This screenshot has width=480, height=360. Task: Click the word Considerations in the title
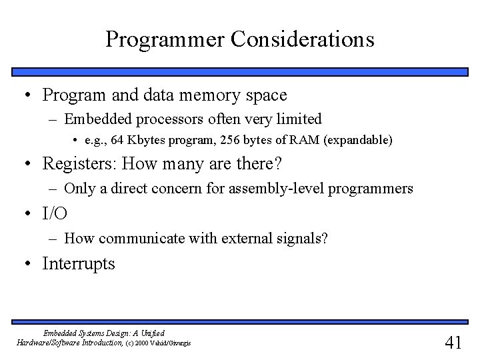click(303, 39)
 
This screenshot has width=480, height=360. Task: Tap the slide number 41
click(453, 343)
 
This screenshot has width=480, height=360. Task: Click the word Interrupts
click(79, 264)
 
